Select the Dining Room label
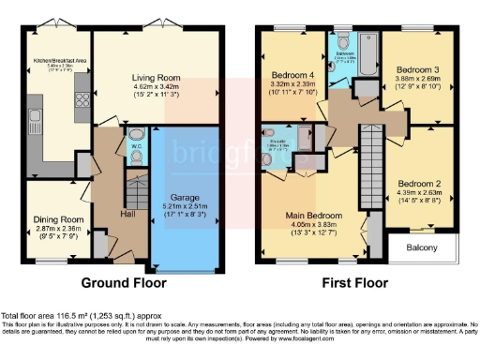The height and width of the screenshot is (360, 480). point(54,217)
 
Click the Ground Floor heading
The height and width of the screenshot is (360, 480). point(124,282)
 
